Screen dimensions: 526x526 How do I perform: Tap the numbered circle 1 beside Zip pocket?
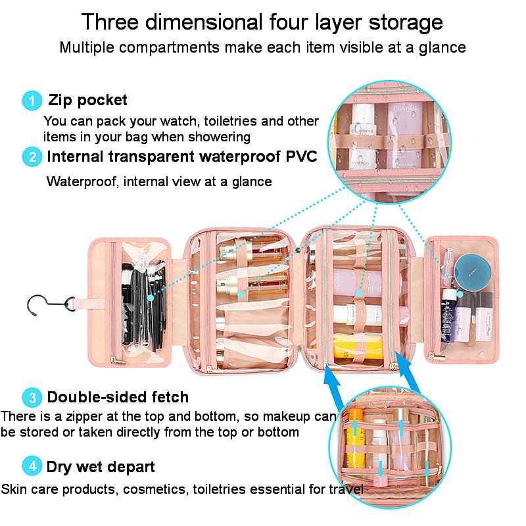(x=32, y=101)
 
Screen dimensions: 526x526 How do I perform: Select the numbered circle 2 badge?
(x=32, y=157)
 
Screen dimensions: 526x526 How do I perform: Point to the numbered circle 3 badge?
(x=32, y=398)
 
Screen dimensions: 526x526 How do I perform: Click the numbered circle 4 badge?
(x=32, y=466)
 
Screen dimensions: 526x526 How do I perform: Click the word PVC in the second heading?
(x=301, y=156)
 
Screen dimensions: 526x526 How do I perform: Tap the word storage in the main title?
(x=406, y=22)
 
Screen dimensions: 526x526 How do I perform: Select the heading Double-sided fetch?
(x=118, y=397)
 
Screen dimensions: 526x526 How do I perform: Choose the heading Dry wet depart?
(x=101, y=467)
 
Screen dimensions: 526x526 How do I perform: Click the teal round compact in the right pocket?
(x=473, y=272)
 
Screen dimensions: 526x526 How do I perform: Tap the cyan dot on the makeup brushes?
(x=151, y=298)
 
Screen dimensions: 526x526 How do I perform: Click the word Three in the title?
(x=110, y=22)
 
